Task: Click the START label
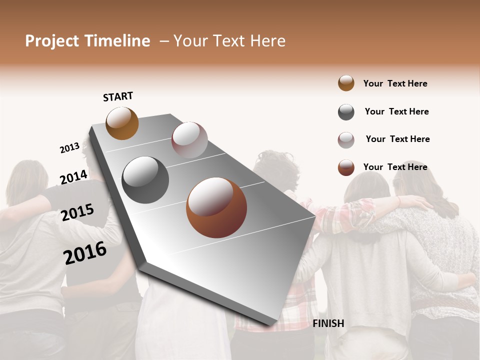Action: tap(118, 96)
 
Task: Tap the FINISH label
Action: tap(328, 323)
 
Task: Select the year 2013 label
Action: tap(69, 148)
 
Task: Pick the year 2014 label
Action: tap(74, 177)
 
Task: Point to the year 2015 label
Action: tap(77, 212)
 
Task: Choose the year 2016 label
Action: tap(85, 253)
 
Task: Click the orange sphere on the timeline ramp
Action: tap(122, 123)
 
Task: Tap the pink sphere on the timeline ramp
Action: tap(189, 140)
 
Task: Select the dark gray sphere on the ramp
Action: tap(145, 180)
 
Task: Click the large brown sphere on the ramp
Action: tap(216, 207)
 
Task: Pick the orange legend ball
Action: tap(346, 83)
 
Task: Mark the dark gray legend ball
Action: tap(346, 112)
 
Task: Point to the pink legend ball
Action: tap(346, 140)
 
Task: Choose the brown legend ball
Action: tap(346, 167)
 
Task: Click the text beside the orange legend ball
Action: tap(395, 83)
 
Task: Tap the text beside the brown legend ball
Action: tap(395, 167)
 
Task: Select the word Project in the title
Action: tap(51, 41)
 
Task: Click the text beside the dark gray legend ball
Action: tap(396, 111)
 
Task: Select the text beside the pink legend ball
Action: tap(397, 139)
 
